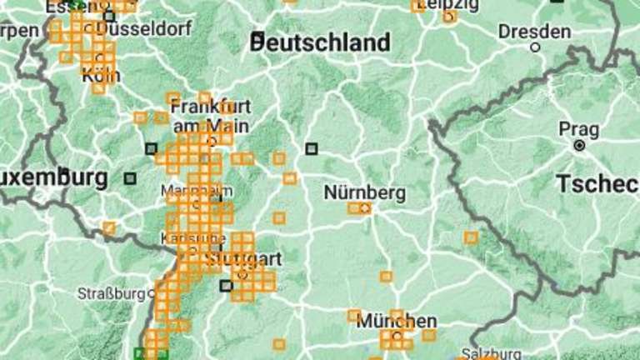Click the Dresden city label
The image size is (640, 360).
[x=534, y=32]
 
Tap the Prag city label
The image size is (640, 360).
[x=578, y=129]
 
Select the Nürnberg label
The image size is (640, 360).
[x=364, y=193]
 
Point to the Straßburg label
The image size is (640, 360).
[x=111, y=293]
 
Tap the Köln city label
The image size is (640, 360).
[x=100, y=76]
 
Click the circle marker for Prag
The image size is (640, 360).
[x=579, y=145]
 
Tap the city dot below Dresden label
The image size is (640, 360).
[x=535, y=47]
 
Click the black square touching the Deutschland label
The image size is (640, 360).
[x=258, y=37]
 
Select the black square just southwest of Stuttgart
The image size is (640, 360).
[x=225, y=286]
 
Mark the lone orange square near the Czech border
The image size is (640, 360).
[x=471, y=237]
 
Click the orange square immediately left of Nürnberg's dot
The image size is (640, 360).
[x=354, y=207]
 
